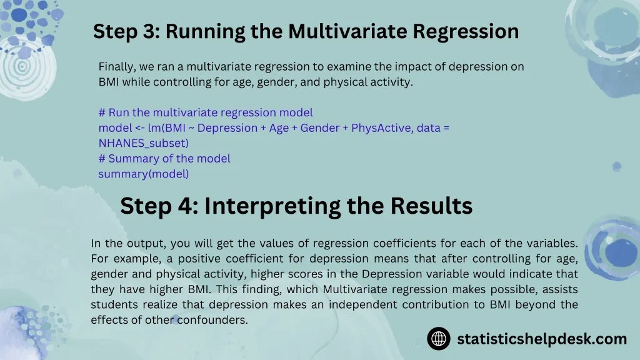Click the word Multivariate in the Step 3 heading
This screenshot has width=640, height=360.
tap(347, 31)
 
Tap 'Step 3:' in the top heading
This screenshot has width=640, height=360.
tap(126, 31)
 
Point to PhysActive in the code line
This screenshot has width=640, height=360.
tap(382, 128)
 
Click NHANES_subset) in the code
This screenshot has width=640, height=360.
tap(144, 143)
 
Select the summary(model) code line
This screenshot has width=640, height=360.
tap(144, 174)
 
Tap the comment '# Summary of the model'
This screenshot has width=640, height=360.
tap(164, 158)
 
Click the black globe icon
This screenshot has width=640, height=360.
tap(439, 338)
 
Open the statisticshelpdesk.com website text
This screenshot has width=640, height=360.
tap(542, 339)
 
